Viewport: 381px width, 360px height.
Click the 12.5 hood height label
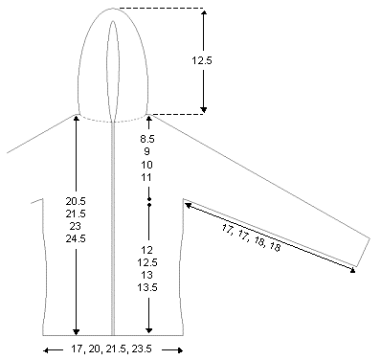pyautogui.click(x=202, y=60)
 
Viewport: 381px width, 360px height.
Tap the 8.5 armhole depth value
pyautogui.click(x=146, y=139)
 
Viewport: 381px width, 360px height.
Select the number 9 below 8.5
pyautogui.click(x=146, y=151)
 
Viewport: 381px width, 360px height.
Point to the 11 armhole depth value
pyautogui.click(x=146, y=177)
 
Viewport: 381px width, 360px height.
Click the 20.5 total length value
pyautogui.click(x=76, y=201)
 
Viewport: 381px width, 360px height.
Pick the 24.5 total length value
pyautogui.click(x=76, y=238)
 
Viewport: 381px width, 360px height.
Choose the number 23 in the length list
pyautogui.click(x=76, y=226)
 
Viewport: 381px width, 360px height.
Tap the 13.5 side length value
pyautogui.click(x=147, y=287)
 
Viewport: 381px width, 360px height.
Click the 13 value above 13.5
pyautogui.click(x=146, y=275)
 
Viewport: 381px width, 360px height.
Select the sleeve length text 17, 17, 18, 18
pyautogui.click(x=251, y=237)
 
